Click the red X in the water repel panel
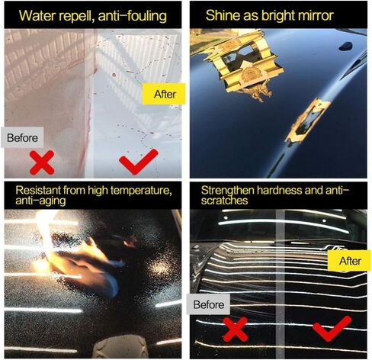click(x=42, y=162)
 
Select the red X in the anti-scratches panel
click(x=235, y=329)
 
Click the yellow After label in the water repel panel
click(x=164, y=94)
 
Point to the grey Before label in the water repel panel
click(x=22, y=137)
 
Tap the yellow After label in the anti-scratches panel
click(x=349, y=261)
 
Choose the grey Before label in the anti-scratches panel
click(x=208, y=304)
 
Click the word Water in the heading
click(x=37, y=16)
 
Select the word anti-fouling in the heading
click(x=132, y=16)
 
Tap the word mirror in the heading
click(x=316, y=15)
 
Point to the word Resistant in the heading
click(x=38, y=190)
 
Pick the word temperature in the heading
click(x=141, y=191)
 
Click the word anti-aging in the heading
click(x=40, y=201)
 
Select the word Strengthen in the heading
click(x=227, y=190)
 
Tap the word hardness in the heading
click(x=279, y=190)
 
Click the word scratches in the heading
click(x=224, y=201)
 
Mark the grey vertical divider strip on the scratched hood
click(x=281, y=284)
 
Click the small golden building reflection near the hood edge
click(x=306, y=122)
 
